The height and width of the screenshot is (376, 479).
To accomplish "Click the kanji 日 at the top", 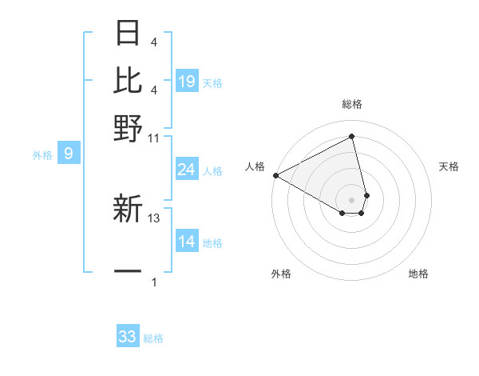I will tap(129, 34).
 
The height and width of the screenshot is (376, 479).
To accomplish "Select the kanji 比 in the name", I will tap(129, 81).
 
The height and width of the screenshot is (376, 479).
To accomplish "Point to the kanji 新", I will tap(129, 210).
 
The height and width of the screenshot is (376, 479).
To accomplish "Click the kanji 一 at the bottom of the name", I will tap(129, 272).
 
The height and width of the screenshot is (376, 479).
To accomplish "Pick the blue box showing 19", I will tap(187, 81).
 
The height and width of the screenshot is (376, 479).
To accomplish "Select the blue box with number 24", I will tap(187, 170).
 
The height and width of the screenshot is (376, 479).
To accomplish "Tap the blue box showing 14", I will tap(187, 242).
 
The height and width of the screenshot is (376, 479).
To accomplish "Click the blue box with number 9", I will tap(69, 153).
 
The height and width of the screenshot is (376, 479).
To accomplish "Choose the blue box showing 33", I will tap(128, 337).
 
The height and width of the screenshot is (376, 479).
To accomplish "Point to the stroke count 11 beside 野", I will tap(154, 138).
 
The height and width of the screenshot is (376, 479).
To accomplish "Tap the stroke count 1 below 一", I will tap(154, 282).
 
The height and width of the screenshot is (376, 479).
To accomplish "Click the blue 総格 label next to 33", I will tap(153, 338).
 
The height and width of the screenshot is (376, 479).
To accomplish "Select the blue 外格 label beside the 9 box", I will tap(42, 155).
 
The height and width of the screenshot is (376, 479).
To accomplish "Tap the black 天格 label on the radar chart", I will tap(449, 166).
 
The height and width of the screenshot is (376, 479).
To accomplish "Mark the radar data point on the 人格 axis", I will tap(275, 174).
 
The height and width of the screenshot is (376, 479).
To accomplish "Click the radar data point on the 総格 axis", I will tap(352, 137).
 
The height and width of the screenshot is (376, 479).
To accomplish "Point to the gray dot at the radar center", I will tap(352, 199).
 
